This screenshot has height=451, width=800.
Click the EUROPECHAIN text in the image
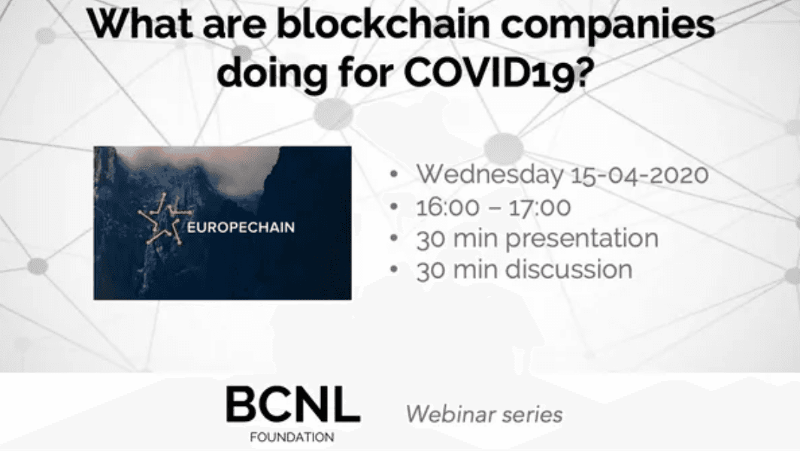231,226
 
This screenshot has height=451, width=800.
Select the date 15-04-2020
638,174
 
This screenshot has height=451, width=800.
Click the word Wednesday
488,174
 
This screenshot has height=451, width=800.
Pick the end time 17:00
539,207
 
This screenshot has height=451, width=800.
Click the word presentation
581,239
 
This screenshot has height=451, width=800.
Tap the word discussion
568,270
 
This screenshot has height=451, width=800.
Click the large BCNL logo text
292,406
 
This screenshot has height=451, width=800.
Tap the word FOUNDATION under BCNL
293,436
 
